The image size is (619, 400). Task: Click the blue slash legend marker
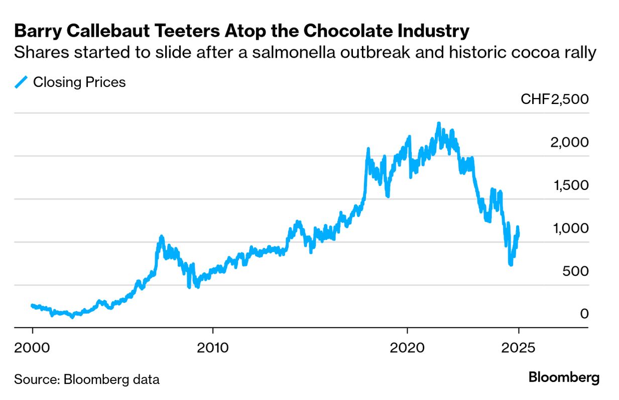(21, 82)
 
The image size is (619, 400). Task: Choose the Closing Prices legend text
(79, 82)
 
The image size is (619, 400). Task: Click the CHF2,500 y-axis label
(554, 99)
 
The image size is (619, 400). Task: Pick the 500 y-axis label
(575, 271)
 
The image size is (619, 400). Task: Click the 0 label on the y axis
(583, 314)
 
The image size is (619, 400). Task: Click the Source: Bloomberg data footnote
(86, 379)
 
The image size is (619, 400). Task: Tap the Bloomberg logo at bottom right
(564, 378)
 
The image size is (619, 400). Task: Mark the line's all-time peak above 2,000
(438, 123)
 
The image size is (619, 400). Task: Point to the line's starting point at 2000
(32, 305)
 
